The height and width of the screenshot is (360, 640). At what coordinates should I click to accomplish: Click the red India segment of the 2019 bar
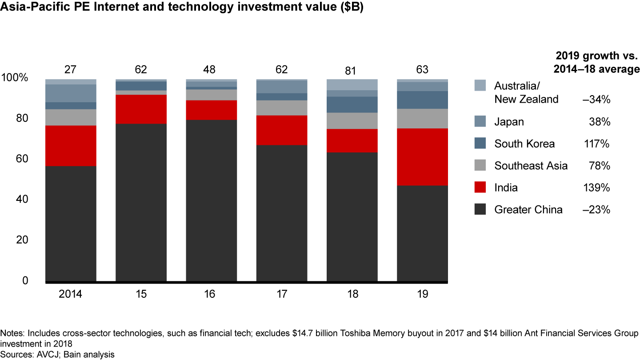(x=422, y=157)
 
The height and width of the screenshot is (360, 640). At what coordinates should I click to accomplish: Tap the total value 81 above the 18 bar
(x=352, y=70)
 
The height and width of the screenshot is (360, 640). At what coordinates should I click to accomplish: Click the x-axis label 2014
(x=71, y=294)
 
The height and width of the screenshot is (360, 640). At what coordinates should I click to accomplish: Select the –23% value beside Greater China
(x=597, y=209)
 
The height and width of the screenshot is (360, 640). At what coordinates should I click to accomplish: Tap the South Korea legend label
(x=524, y=144)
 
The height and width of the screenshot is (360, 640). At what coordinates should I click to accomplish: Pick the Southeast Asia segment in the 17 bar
(x=282, y=108)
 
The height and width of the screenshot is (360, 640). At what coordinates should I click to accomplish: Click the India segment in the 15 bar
(x=141, y=109)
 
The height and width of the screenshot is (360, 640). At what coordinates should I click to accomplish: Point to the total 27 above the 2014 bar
(x=71, y=70)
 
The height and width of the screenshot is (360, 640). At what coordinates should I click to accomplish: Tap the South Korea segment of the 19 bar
(x=422, y=100)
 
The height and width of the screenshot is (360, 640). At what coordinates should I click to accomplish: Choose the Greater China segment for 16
(x=212, y=200)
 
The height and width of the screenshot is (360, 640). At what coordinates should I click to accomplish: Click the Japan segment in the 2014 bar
(x=71, y=93)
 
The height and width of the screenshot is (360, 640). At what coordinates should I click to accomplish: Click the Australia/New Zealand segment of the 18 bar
(x=352, y=84)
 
